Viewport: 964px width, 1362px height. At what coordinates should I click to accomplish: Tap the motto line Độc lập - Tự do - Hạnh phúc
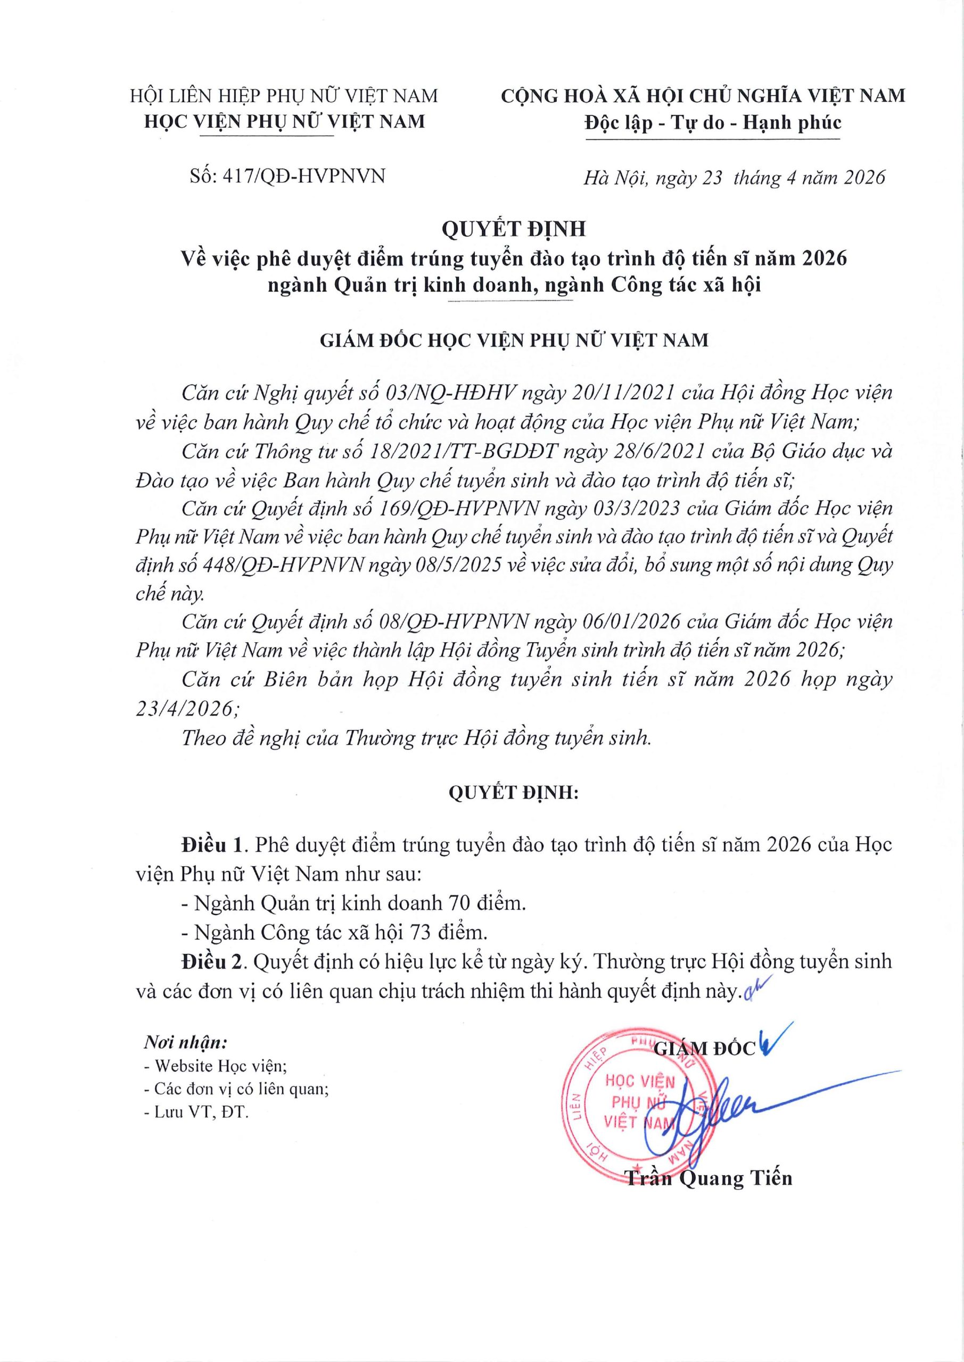pyautogui.click(x=713, y=123)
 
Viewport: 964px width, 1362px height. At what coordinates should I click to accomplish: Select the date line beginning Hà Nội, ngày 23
pyautogui.click(x=734, y=177)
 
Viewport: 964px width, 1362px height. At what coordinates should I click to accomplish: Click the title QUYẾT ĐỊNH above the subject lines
pyautogui.click(x=514, y=229)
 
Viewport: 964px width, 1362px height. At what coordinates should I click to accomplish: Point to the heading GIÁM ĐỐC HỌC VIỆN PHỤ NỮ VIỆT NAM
pyautogui.click(x=514, y=340)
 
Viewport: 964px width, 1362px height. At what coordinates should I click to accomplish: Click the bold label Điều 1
pyautogui.click(x=213, y=845)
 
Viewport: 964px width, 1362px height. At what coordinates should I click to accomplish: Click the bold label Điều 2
pyautogui.click(x=213, y=961)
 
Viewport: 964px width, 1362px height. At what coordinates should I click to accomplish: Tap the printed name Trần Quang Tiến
pyautogui.click(x=710, y=1177)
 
